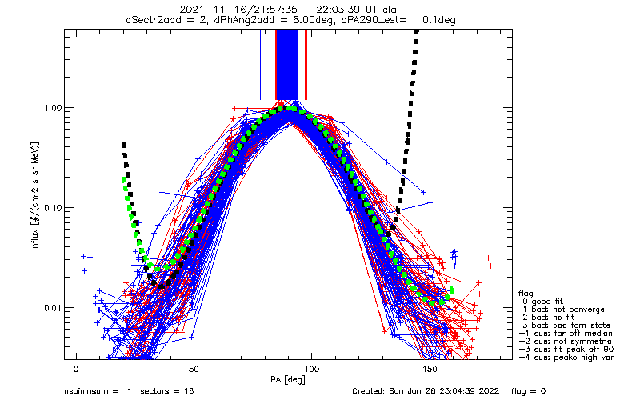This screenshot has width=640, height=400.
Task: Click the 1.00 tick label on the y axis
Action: pos(50,107)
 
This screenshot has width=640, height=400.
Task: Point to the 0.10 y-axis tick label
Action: pos(50,207)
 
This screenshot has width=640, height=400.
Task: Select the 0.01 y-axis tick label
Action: pos(50,307)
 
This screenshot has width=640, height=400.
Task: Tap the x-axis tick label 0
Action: pos(76,370)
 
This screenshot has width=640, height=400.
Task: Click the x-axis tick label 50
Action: pos(194,370)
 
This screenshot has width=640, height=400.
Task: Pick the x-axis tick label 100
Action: pos(311,370)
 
